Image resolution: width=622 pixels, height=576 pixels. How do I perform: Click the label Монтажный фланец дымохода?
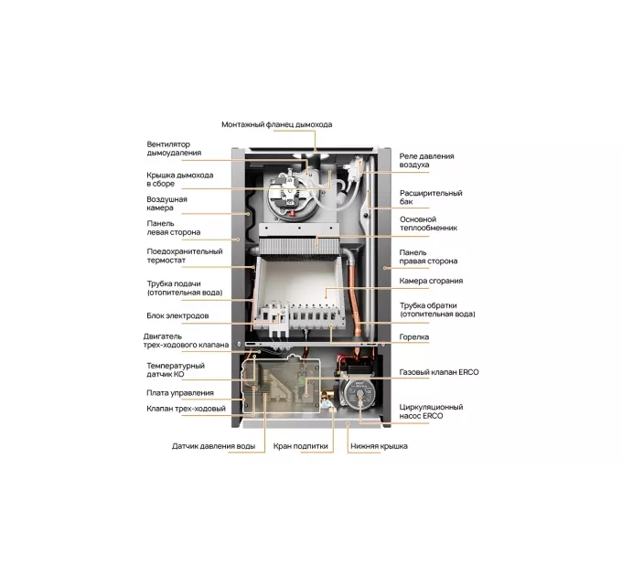[x=277, y=124]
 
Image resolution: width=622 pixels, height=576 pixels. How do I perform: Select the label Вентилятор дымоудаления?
[x=174, y=148]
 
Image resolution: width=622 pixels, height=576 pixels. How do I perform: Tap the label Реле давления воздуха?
[x=426, y=160]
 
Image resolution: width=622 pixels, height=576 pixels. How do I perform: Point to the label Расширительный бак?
[x=431, y=197]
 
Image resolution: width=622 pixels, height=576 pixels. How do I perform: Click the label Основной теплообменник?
[x=428, y=224]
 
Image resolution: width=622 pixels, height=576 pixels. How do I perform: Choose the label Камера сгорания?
[x=431, y=281]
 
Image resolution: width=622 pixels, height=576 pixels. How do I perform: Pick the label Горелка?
[x=413, y=337]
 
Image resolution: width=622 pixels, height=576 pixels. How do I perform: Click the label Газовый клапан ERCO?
[x=439, y=372]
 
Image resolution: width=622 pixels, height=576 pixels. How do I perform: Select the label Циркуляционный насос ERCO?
[x=431, y=411]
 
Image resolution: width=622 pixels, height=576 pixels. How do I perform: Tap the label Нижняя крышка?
[x=379, y=446]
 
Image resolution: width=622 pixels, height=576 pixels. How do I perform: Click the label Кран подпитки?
[x=300, y=446]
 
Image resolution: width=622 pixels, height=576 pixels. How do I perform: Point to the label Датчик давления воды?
[x=213, y=446]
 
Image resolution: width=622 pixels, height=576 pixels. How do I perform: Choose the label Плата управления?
[x=180, y=393]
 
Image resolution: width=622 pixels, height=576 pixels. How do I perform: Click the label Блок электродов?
[x=177, y=315]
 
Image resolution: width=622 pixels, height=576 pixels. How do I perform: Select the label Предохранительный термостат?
[x=185, y=256]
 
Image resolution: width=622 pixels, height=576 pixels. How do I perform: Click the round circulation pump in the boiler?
[x=359, y=392]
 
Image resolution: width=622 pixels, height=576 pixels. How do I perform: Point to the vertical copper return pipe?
[x=353, y=292]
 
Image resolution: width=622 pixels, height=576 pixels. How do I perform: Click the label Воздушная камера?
[x=166, y=203]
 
